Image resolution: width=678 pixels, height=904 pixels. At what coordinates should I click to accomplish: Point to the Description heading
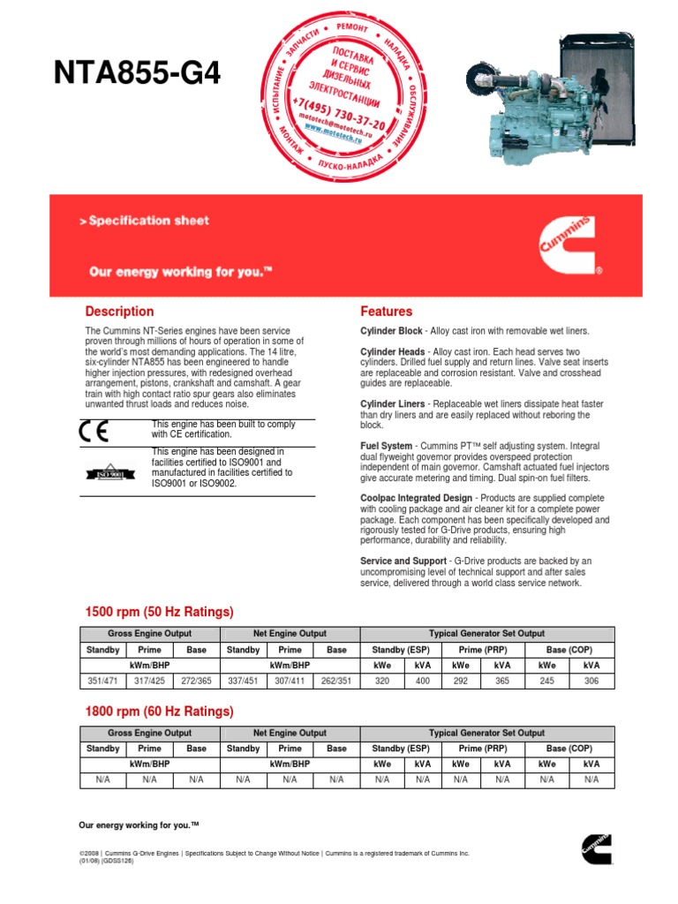pyautogui.click(x=119, y=312)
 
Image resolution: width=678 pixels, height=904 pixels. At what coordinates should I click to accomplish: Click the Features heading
pyautogui.click(x=386, y=312)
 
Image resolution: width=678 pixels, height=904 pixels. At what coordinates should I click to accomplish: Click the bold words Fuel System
pyautogui.click(x=386, y=446)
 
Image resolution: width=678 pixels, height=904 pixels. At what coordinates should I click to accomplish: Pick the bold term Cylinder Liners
pyautogui.click(x=392, y=403)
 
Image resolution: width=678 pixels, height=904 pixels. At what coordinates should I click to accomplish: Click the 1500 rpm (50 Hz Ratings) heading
pyautogui.click(x=159, y=612)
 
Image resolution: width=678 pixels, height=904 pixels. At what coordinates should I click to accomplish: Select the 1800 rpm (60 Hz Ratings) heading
pyautogui.click(x=159, y=712)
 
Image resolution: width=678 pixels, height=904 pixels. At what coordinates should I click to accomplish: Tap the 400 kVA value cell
pyautogui.click(x=423, y=682)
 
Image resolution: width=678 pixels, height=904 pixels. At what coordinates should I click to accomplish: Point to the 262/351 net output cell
pyautogui.click(x=336, y=682)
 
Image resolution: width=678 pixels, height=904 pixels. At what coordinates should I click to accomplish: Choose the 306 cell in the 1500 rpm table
pyautogui.click(x=591, y=682)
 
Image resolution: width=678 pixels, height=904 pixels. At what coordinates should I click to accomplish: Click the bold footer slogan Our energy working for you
pyautogui.click(x=139, y=825)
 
